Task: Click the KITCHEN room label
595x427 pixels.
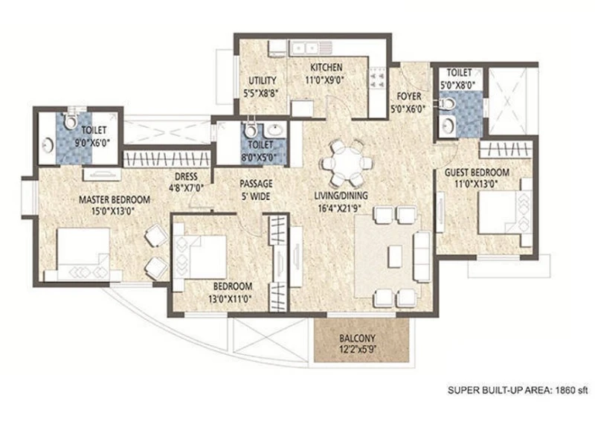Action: (327, 68)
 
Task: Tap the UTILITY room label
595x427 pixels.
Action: (263, 80)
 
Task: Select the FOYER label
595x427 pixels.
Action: (408, 96)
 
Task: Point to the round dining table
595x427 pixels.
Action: (345, 163)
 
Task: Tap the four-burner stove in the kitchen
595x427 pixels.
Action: (378, 77)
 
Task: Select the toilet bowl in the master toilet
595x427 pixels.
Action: (70, 120)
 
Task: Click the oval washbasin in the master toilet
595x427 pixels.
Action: (48, 146)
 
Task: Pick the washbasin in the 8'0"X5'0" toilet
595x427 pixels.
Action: (275, 129)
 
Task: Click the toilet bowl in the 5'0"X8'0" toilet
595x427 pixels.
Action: (447, 103)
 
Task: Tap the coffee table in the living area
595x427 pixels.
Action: (395, 256)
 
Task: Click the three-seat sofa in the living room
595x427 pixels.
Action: (422, 256)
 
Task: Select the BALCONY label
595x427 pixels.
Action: (357, 338)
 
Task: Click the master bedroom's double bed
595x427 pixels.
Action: (83, 254)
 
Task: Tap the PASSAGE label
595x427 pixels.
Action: (256, 184)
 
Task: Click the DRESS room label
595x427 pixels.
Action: (186, 176)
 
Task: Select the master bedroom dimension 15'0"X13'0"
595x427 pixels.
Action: (114, 211)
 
